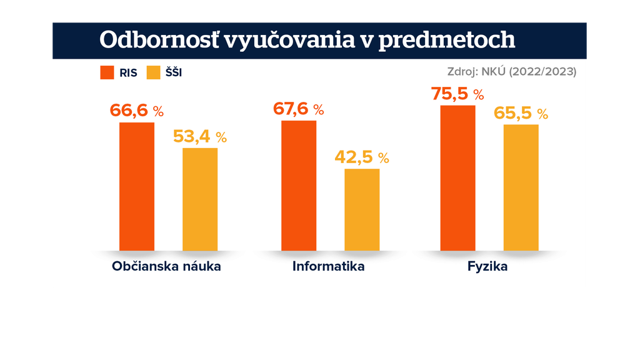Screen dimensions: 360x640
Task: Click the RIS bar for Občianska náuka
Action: pyautogui.click(x=137, y=186)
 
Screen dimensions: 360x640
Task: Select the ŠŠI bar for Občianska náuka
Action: pyautogui.click(x=200, y=199)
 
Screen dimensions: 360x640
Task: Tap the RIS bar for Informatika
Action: pyautogui.click(x=299, y=185)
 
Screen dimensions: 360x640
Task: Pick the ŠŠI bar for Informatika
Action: pyautogui.click(x=362, y=209)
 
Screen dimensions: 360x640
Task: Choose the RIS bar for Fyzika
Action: pyautogui.click(x=457, y=177)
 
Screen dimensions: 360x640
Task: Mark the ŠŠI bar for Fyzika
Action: pyautogui.click(x=521, y=187)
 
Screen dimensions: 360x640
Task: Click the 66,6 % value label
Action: pyautogui.click(x=136, y=111)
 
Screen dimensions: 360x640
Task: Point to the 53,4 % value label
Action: pyautogui.click(x=200, y=136)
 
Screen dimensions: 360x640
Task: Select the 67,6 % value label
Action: pyautogui.click(x=298, y=109)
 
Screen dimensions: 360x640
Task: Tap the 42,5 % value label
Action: pyautogui.click(x=362, y=157)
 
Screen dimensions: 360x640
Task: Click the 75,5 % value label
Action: pyautogui.click(x=457, y=94)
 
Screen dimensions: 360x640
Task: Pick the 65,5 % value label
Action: pyautogui.click(x=521, y=113)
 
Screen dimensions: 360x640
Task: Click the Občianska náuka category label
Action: pyautogui.click(x=167, y=267)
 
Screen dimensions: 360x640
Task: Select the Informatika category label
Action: pyautogui.click(x=329, y=267)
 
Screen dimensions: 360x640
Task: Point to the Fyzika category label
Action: pyautogui.click(x=487, y=267)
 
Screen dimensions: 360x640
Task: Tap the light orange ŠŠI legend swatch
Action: pyautogui.click(x=154, y=72)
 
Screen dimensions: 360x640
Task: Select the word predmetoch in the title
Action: pyautogui.click(x=447, y=39)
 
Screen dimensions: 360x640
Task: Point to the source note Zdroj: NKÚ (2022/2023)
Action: pyautogui.click(x=512, y=71)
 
